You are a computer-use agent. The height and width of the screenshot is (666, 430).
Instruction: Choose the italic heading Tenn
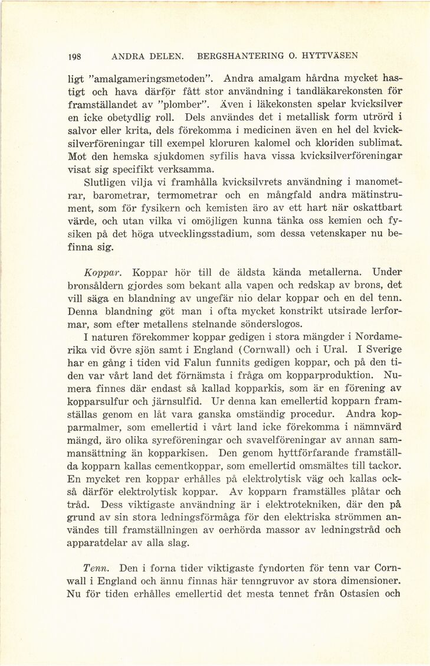pyautogui.click(x=95, y=568)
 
